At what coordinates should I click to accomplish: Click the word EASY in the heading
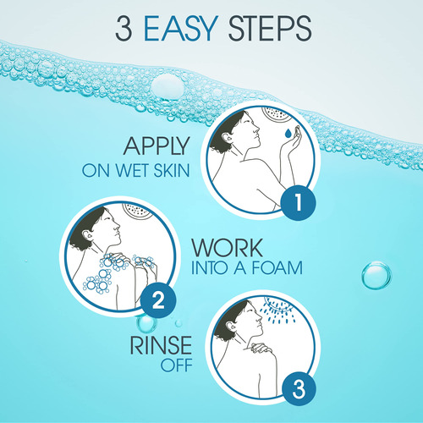point(181,29)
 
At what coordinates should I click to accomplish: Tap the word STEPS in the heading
point(270,29)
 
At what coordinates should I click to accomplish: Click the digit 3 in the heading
point(124,29)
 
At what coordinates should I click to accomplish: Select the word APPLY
point(157,146)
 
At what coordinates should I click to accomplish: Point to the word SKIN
point(172,170)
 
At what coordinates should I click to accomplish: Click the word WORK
point(227,248)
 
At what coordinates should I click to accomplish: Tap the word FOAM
point(277,268)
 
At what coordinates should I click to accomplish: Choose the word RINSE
point(161,346)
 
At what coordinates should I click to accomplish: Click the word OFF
point(177,365)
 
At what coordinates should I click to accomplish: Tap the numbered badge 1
point(298,202)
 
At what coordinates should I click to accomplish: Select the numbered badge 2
point(158,300)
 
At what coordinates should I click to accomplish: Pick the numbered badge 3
point(299,388)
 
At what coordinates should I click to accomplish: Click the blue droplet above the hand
point(288,133)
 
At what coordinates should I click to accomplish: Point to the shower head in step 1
point(276,113)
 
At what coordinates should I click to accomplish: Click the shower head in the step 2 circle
point(138,210)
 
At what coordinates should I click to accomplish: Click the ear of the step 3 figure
point(233,327)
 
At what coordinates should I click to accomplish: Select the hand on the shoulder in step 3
point(261,348)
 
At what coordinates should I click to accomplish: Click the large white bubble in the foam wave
point(168,87)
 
